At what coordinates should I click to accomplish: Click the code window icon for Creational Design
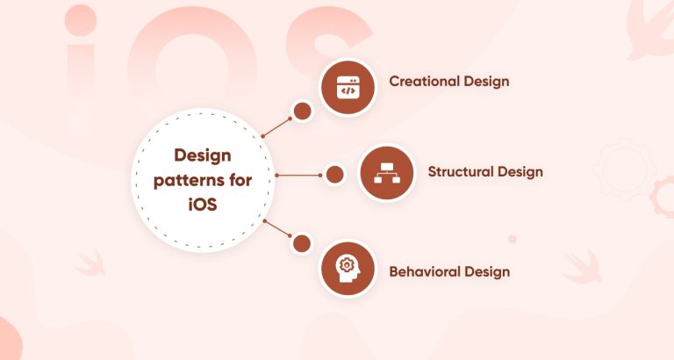click(348, 88)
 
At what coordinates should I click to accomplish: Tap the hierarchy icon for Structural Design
click(387, 173)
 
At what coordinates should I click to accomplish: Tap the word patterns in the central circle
click(186, 180)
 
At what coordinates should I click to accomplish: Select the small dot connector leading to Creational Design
click(302, 112)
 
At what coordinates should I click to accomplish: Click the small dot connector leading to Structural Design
click(334, 174)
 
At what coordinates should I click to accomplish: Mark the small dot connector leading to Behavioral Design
click(302, 243)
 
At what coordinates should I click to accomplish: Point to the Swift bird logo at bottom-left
click(90, 261)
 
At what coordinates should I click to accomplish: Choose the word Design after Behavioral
click(487, 271)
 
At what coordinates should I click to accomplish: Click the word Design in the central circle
click(203, 156)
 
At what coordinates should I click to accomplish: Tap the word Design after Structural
click(520, 171)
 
